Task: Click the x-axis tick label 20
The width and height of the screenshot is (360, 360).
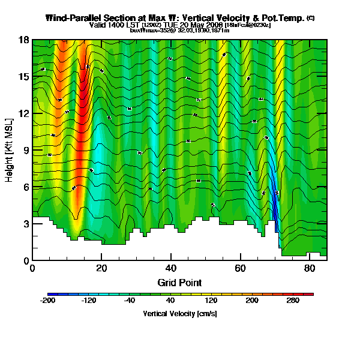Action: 101,268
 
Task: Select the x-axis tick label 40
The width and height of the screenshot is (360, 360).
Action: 171,268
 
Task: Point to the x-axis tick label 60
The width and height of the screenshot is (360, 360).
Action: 240,268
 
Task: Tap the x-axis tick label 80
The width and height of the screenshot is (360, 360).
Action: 310,268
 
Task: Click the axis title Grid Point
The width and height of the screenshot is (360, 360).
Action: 179,282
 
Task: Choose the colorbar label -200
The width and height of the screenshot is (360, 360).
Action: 48,301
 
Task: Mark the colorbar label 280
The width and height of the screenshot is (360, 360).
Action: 293,301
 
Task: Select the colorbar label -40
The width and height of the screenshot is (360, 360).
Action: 129,301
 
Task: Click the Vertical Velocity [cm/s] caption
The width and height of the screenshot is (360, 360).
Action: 179,313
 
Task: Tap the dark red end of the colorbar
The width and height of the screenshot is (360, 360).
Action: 311,294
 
